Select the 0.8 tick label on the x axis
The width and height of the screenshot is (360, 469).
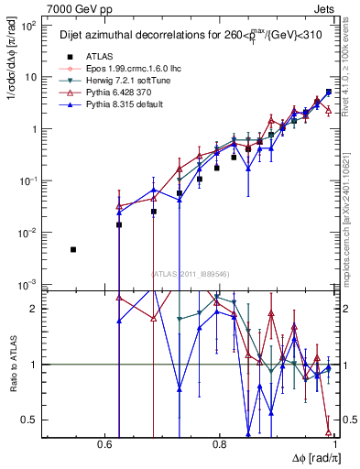click(219, 444)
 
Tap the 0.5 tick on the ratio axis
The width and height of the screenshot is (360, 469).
click(32, 420)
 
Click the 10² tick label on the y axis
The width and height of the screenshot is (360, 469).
click(29, 25)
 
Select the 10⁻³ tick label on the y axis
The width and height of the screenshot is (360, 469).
click(29, 285)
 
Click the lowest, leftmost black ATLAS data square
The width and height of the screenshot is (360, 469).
click(73, 249)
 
